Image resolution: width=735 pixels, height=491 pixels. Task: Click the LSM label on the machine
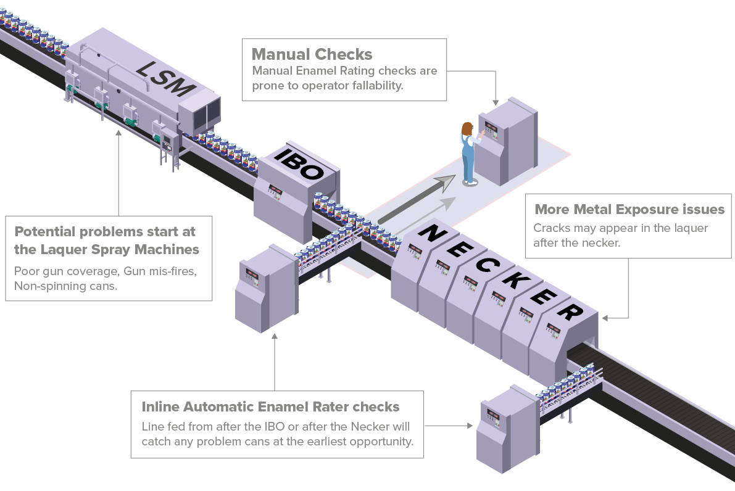coord(165,79)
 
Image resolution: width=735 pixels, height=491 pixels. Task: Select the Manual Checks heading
coord(312,54)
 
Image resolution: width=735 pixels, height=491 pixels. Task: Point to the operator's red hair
coord(467,128)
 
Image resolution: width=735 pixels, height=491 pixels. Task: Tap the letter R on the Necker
coord(570,311)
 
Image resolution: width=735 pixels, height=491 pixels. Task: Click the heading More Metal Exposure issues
coord(629,210)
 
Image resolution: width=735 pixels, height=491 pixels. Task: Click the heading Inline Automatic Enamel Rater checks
coord(270,406)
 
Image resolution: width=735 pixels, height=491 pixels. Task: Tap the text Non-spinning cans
coord(65,286)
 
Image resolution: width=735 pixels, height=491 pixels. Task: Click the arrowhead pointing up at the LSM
coord(118,133)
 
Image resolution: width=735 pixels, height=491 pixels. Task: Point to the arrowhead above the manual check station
coord(496,102)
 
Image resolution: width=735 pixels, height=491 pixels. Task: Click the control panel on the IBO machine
coord(275,192)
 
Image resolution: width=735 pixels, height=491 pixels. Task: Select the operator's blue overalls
coord(468,157)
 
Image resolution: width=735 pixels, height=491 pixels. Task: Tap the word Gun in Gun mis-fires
coord(134,271)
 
